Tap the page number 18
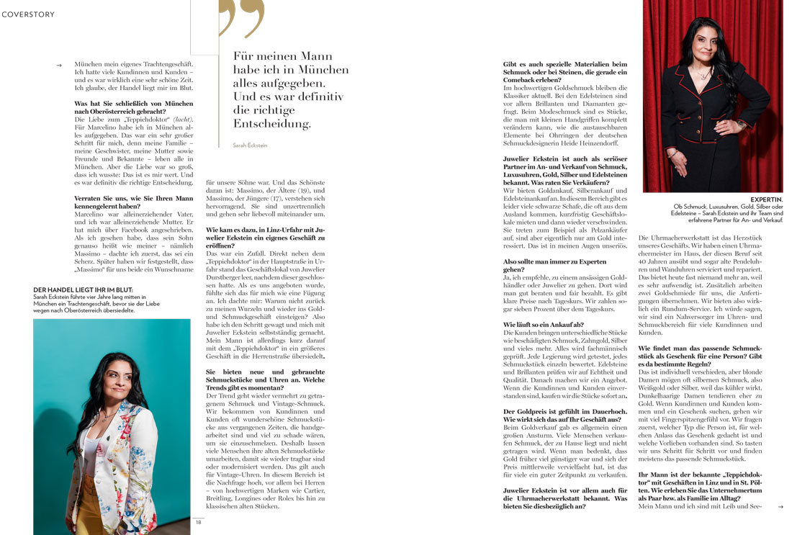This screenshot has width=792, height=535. (198, 522)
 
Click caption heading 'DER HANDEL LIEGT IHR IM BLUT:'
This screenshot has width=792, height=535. (84, 290)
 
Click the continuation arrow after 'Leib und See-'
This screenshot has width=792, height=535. (780, 506)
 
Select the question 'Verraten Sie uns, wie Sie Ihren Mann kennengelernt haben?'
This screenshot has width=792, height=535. (133, 201)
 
